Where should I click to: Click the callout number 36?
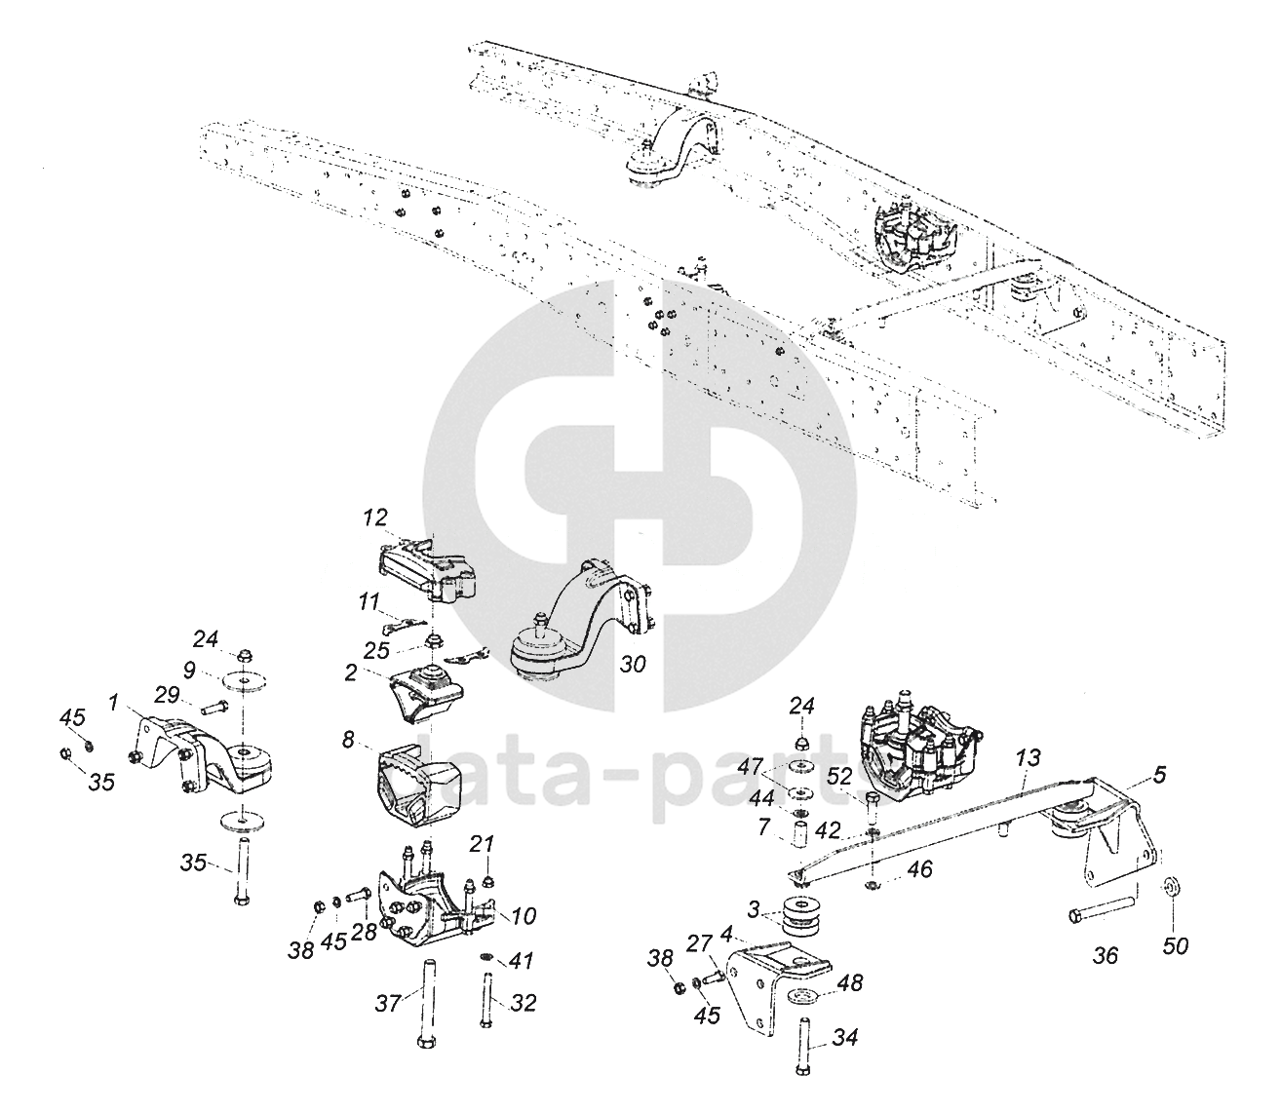coord(1105,956)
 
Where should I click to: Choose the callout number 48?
coord(850,983)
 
